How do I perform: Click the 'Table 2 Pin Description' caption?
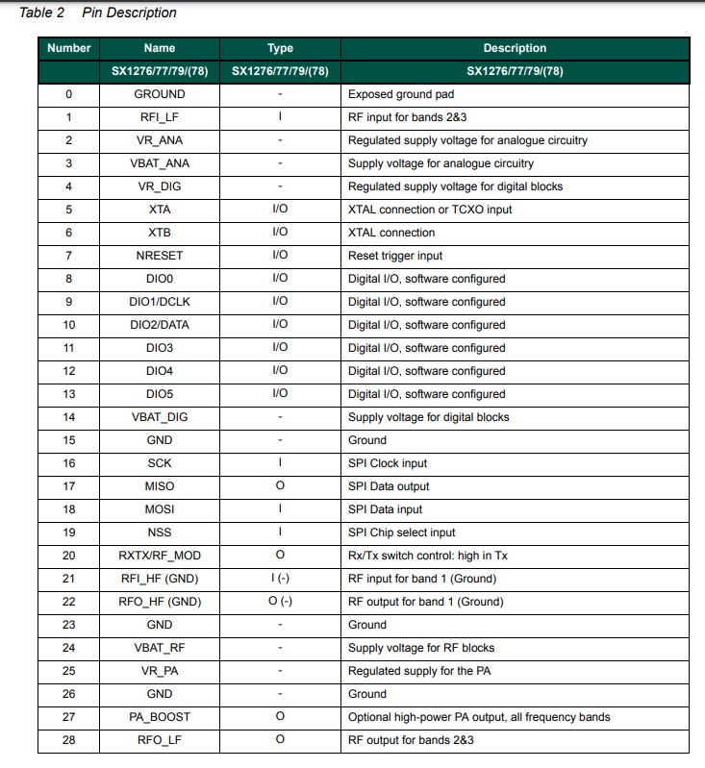coord(97,12)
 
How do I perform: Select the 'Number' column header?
coord(68,48)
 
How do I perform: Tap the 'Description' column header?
coord(515,48)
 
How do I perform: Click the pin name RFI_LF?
coord(160,117)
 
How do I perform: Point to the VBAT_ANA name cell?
coord(160,163)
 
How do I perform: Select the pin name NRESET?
coord(160,256)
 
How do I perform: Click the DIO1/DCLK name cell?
coord(160,302)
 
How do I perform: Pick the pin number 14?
coord(68,417)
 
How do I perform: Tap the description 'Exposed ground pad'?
coord(399,94)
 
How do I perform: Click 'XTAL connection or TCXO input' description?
coord(431,210)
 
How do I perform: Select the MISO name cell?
coord(160,486)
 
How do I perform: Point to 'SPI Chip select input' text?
coord(401,533)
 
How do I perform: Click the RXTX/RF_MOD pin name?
coord(160,556)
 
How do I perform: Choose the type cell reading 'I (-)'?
coord(280,579)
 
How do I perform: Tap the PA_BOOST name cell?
coord(160,717)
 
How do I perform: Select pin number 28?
coord(68,740)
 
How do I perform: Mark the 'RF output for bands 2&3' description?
coord(411,740)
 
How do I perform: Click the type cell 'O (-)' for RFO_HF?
coord(280,602)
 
